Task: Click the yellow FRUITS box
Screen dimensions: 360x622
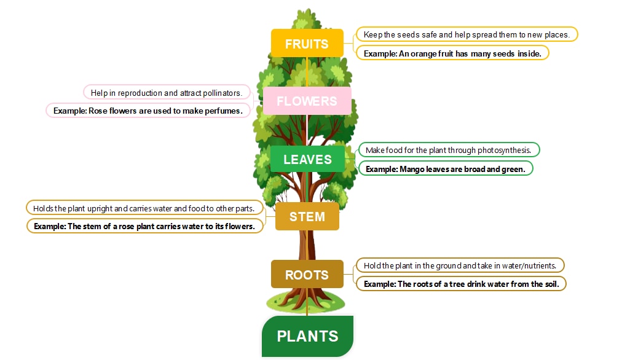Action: coord(307,44)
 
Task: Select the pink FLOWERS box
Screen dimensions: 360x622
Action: coord(307,101)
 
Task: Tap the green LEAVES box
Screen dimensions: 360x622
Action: coord(307,159)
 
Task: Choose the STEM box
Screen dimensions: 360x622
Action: coord(307,216)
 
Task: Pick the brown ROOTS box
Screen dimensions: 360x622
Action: coord(307,275)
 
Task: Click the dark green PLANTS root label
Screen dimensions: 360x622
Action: coord(307,336)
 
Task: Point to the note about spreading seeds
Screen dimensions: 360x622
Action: coord(466,34)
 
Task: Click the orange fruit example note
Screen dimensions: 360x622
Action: coord(452,53)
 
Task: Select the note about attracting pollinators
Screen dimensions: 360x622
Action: coord(167,93)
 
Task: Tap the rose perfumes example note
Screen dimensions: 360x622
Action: coord(149,111)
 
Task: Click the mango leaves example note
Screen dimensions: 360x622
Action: coord(446,168)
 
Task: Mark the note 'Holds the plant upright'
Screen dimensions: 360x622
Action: coord(144,208)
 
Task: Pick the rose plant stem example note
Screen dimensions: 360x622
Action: coord(144,226)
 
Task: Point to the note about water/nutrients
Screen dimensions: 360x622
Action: coord(460,265)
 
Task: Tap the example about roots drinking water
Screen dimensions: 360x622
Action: coord(461,284)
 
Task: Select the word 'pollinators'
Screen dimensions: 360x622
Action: coord(222,93)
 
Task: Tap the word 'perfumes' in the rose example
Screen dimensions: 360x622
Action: coord(226,111)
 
